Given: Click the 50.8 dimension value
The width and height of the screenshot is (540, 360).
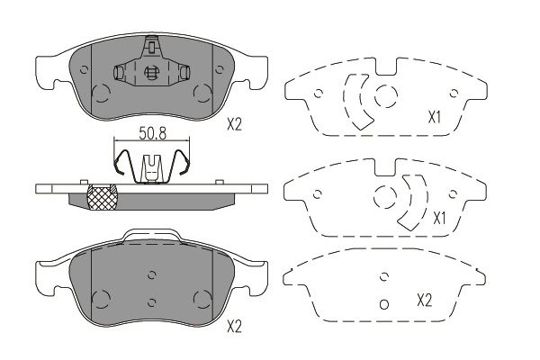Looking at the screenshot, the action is (x=153, y=133).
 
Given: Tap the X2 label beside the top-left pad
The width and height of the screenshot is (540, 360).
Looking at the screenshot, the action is (x=235, y=124).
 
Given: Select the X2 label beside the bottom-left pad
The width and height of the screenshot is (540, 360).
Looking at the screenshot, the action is (x=235, y=326).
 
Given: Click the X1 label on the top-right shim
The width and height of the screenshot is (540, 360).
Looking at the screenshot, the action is (x=435, y=118).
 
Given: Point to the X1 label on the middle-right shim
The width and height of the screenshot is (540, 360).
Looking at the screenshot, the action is (x=439, y=219).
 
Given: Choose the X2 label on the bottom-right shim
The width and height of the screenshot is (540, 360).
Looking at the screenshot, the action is (x=424, y=301).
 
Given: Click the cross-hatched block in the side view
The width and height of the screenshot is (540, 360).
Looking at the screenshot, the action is (x=103, y=197).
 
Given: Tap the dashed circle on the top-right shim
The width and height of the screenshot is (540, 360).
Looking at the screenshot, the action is (x=386, y=95).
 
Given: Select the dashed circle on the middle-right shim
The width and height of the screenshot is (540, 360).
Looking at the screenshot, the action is (x=385, y=197).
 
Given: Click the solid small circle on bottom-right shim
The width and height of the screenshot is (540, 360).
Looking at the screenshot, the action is (x=384, y=304).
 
